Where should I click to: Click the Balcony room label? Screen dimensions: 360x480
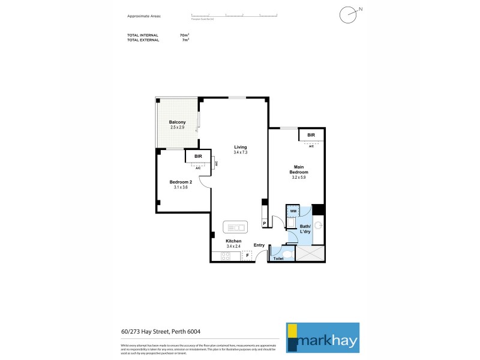[x=177, y=122]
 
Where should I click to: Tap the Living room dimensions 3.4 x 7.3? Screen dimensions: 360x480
[x=240, y=152]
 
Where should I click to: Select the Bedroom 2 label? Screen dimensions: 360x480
[x=181, y=182]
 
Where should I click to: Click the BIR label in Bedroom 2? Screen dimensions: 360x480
[x=197, y=157]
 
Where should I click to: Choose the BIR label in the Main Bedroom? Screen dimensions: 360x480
[x=311, y=135]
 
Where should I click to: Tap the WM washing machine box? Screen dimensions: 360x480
[x=293, y=211]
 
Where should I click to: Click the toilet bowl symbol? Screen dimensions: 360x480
[x=286, y=254]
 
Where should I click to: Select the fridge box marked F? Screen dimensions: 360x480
[x=247, y=256]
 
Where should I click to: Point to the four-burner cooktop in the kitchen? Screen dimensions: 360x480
[x=226, y=256]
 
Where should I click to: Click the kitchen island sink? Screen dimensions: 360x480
[x=235, y=227]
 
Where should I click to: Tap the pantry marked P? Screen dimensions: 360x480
[x=264, y=223]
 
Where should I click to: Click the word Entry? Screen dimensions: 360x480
[x=259, y=245]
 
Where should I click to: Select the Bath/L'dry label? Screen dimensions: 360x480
[x=305, y=229]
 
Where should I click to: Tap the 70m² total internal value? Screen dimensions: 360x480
[x=185, y=35]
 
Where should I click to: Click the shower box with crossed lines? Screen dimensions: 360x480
[x=312, y=254]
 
